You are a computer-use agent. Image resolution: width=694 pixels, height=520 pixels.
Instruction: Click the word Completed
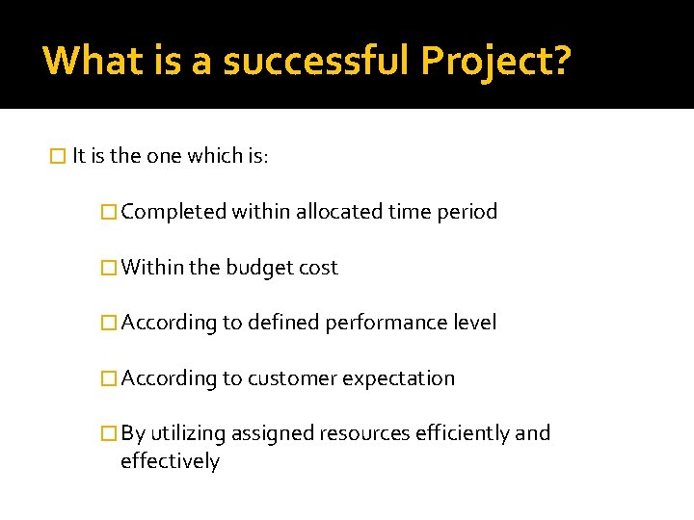tap(173, 212)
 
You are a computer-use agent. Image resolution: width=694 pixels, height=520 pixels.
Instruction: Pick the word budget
tap(259, 268)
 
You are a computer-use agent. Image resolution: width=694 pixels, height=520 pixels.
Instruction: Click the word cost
tap(318, 268)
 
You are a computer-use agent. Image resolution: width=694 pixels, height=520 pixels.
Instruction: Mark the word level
tap(474, 323)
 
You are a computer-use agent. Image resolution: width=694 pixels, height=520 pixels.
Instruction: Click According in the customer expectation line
tap(170, 378)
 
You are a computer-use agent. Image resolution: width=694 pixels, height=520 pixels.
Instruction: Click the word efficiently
tap(462, 433)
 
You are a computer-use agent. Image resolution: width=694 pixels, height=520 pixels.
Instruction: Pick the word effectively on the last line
tap(170, 461)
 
